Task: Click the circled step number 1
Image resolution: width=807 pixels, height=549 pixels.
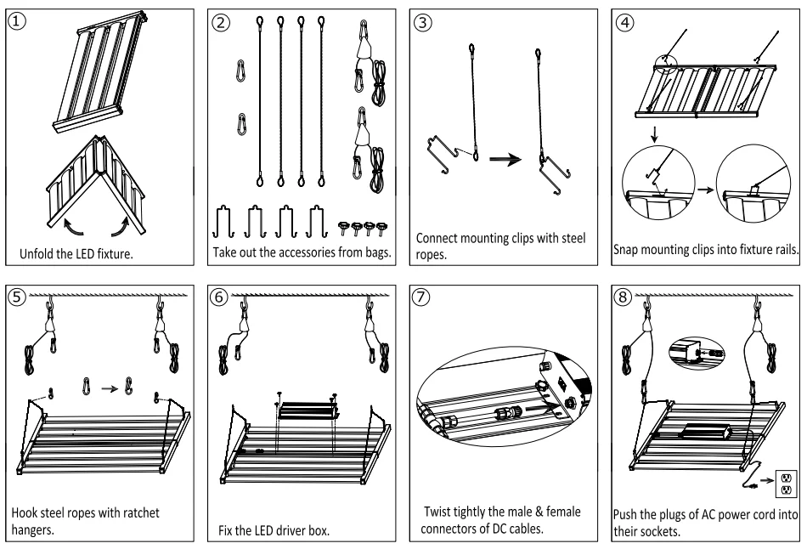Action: (x=17, y=21)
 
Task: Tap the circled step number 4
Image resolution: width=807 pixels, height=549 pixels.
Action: (x=625, y=22)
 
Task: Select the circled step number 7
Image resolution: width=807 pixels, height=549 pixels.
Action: (x=421, y=297)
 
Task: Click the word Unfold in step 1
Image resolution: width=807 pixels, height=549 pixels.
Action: (x=36, y=253)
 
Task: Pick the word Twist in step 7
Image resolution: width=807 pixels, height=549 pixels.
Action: (x=437, y=512)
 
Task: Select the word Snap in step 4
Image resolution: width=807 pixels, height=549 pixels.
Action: (x=624, y=250)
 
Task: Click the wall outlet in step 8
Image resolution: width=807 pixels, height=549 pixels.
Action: (x=786, y=484)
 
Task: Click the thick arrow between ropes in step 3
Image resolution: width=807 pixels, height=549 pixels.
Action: (x=505, y=160)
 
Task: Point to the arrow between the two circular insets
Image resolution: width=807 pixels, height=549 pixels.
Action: (x=706, y=190)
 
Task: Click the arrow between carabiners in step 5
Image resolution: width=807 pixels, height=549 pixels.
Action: (x=110, y=388)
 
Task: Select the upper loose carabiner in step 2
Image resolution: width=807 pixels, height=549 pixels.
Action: (x=240, y=71)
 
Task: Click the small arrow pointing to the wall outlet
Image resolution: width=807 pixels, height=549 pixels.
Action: (x=767, y=480)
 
